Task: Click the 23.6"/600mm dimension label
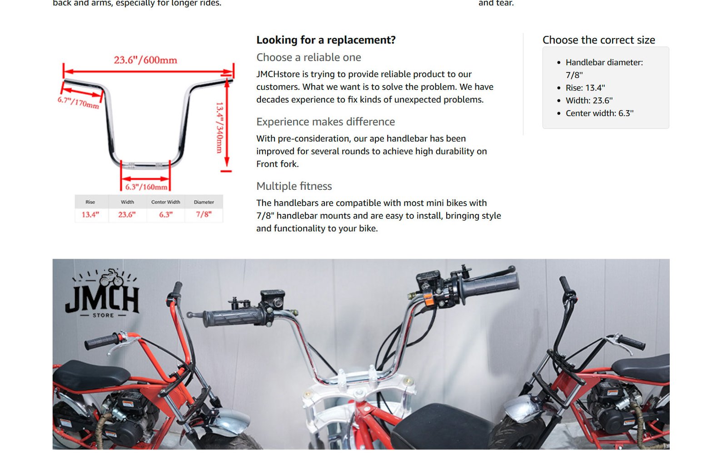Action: pos(145,60)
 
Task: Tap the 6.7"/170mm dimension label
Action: pos(78,103)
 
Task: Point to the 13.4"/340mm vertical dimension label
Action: pos(220,128)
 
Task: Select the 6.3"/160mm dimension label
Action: pos(146,187)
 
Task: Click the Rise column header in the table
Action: pos(90,202)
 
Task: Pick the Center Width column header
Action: pos(165,202)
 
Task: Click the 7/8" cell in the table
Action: pos(204,214)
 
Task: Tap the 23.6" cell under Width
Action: pos(127,215)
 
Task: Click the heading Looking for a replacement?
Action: pos(326,40)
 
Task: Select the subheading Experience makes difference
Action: pos(325,122)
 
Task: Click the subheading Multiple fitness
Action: pos(294,186)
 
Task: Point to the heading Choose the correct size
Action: pos(599,40)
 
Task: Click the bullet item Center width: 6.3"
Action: pos(599,113)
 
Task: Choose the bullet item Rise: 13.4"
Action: pos(585,88)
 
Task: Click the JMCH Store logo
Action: pos(103,293)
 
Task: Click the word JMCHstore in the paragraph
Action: pos(278,74)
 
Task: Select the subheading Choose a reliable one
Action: pos(309,57)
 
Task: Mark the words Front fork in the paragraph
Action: pos(277,164)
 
